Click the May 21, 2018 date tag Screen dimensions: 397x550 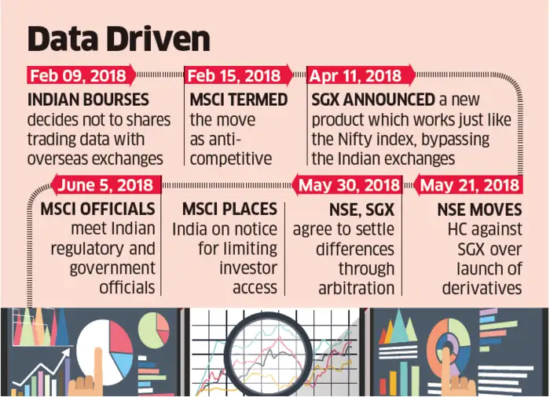point(469,185)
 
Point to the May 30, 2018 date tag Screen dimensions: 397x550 point(349,185)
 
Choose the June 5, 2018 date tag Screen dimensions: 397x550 point(106,185)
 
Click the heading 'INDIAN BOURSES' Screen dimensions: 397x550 point(87,100)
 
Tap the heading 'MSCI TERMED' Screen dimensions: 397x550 point(237,100)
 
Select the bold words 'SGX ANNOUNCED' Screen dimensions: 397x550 point(373,100)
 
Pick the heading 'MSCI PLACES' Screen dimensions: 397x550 point(229,209)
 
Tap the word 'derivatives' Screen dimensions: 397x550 point(481,288)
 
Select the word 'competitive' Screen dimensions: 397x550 point(230,158)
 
